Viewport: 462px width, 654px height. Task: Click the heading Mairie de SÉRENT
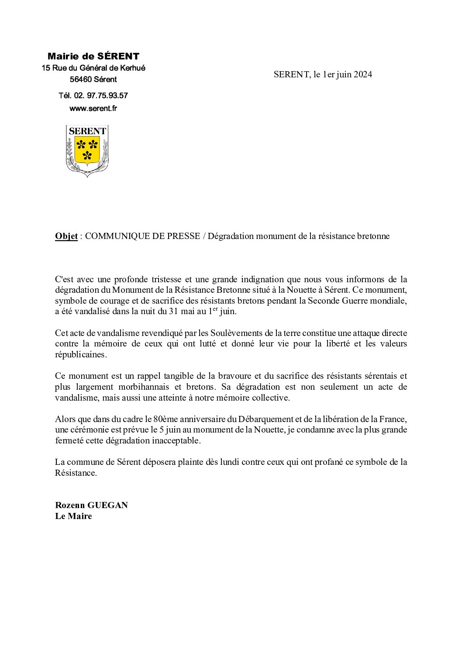[93, 56]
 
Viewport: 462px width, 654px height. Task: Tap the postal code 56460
[81, 80]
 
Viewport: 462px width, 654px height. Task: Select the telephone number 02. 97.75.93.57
[101, 96]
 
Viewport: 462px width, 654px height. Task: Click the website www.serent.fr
[93, 108]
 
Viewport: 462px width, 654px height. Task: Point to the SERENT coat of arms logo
[87, 150]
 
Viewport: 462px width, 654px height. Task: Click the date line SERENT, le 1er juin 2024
[323, 74]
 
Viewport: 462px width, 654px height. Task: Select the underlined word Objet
[66, 236]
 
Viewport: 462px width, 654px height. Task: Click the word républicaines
[80, 355]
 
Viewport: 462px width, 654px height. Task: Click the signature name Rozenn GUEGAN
[91, 505]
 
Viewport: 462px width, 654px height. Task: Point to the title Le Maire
[73, 516]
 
